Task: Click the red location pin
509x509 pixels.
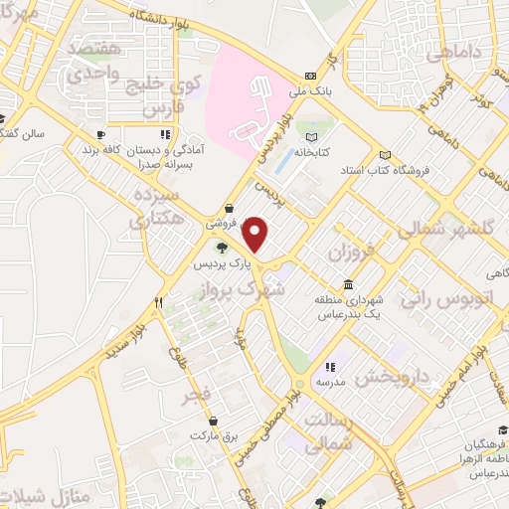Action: pyautogui.click(x=256, y=235)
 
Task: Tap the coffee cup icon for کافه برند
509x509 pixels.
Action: pyautogui.click(x=100, y=134)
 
